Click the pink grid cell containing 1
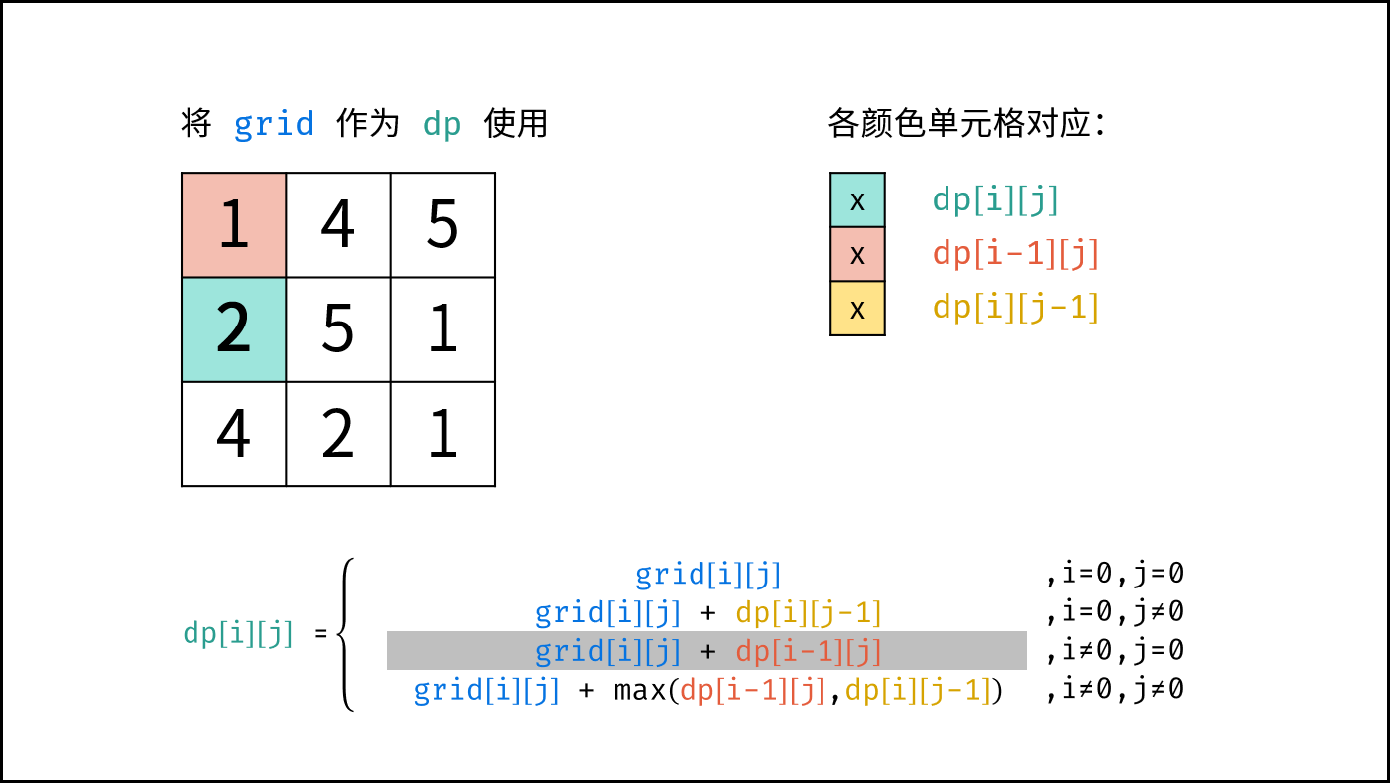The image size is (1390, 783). pos(233,225)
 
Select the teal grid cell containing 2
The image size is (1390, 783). pos(233,329)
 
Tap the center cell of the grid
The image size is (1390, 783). pos(338,329)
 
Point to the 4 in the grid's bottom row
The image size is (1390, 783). pos(233,434)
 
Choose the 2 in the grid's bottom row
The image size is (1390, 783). pos(338,434)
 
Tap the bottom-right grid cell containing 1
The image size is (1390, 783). pos(442,434)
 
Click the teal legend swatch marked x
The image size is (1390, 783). pos(857,199)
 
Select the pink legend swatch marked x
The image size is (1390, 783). pos(857,254)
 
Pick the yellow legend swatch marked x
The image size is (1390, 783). pos(857,308)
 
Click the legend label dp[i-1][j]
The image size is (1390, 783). pos(1016,254)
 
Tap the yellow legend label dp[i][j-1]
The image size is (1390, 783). pos(1016,308)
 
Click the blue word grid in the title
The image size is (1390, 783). pos(274,124)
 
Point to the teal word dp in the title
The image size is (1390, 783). pos(442,124)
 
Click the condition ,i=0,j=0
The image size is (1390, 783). pos(1114,574)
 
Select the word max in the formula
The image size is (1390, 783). pos(640,690)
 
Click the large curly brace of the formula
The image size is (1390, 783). pos(345,634)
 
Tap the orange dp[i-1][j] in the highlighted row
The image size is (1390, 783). pos(809,651)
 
